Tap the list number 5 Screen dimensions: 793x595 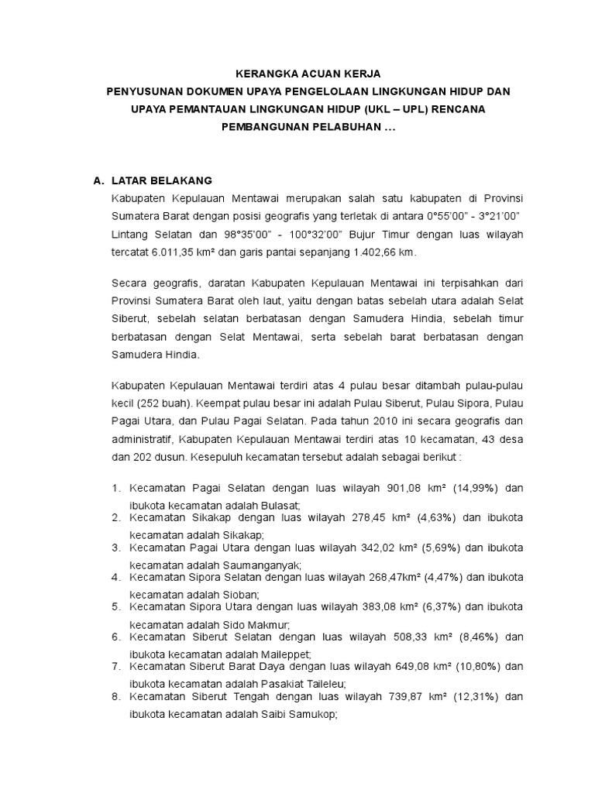[116, 607]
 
